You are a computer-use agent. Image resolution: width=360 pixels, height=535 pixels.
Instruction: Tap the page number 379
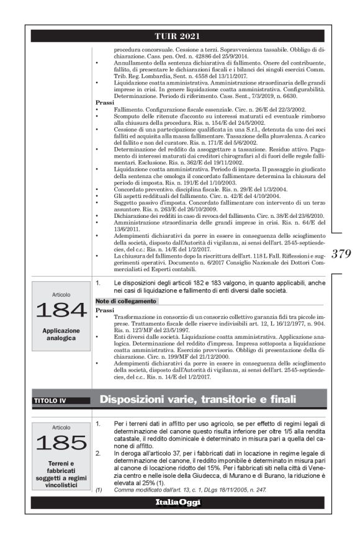click(342, 253)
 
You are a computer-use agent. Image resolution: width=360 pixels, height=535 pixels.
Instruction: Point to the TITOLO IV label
click(50, 400)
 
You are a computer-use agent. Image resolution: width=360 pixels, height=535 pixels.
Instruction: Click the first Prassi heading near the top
click(104, 101)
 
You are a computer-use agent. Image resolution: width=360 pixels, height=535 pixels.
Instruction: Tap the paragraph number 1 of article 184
click(98, 283)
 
